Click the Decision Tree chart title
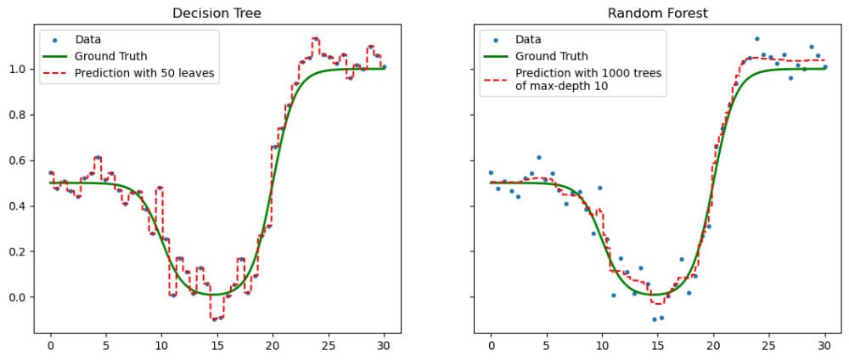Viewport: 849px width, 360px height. point(216,14)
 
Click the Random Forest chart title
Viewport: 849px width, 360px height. point(656,14)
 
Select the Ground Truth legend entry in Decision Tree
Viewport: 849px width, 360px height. point(110,56)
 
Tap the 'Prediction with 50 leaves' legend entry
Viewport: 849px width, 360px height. point(144,74)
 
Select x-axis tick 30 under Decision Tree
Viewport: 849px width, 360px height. point(384,346)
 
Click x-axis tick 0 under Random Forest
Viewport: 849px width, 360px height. point(491,346)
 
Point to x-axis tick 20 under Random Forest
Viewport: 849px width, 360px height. point(713,346)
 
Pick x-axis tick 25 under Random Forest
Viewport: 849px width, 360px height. point(768,346)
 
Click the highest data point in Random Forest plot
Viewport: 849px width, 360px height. point(756,38)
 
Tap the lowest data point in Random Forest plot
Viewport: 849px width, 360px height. point(655,319)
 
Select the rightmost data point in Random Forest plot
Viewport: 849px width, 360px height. point(824,67)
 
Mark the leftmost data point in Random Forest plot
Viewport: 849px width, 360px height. point(491,172)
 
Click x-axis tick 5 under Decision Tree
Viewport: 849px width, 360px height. point(106,346)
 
